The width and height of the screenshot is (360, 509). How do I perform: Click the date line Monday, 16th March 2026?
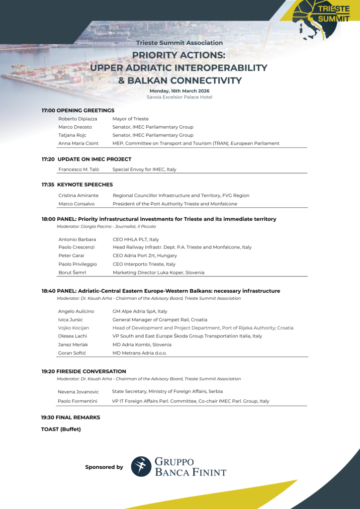(x=180, y=91)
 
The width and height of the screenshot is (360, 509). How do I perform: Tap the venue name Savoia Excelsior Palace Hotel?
(x=180, y=97)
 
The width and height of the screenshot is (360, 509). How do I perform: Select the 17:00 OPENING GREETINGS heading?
(x=78, y=110)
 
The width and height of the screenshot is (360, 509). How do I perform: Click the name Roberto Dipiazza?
(x=78, y=119)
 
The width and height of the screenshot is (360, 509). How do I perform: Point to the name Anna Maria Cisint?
(x=78, y=143)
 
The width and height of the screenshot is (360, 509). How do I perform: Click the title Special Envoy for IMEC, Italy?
(x=144, y=170)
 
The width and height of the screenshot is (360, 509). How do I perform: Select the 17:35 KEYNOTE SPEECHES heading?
(x=77, y=185)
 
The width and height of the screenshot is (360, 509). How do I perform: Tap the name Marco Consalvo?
(x=77, y=204)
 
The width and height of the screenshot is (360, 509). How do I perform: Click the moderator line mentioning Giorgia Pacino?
(x=106, y=227)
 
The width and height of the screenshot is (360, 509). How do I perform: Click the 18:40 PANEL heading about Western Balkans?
(x=161, y=291)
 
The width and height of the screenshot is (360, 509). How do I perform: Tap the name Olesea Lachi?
(x=73, y=336)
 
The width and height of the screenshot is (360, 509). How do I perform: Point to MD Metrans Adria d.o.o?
(x=140, y=353)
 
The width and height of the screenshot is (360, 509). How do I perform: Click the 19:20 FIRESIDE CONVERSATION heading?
(x=84, y=371)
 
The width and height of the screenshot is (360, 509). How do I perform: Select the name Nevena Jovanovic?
(x=78, y=392)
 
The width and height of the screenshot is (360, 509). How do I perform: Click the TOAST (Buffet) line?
(x=61, y=429)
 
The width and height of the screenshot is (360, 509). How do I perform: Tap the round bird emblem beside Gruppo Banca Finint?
(x=141, y=466)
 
